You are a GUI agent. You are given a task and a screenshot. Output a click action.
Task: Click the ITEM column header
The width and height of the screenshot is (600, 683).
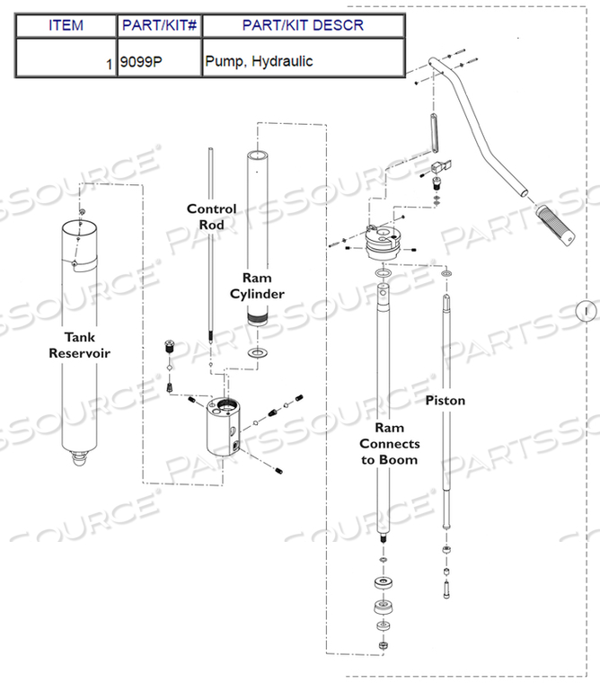[66, 25]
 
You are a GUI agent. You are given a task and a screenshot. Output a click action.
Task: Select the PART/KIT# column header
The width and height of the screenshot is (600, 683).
[159, 25]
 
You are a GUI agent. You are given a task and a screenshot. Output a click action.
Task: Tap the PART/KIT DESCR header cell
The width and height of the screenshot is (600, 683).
[303, 25]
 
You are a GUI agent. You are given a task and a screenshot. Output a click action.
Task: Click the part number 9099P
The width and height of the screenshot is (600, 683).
[141, 61]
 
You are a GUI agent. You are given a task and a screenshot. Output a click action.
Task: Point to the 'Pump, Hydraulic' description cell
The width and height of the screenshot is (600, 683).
[259, 61]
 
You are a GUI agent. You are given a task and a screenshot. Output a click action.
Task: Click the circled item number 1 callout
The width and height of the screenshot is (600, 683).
[586, 311]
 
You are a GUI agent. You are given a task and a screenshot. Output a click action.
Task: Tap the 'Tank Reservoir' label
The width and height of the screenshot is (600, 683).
[79, 345]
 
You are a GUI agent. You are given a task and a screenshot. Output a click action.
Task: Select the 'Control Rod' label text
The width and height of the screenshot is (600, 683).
[212, 217]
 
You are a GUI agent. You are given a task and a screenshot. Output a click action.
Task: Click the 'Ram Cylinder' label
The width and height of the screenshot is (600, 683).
[257, 286]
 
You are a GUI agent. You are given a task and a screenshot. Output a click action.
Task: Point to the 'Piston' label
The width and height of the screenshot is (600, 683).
[445, 400]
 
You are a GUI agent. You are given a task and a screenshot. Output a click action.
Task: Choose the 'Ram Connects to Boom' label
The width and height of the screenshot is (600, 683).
[390, 443]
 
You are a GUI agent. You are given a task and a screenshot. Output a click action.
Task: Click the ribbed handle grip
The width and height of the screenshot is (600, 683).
[556, 225]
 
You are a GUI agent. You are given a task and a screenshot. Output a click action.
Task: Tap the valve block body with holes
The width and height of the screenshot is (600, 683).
[224, 427]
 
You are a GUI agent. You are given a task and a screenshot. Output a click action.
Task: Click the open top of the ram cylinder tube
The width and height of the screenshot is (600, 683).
[257, 155]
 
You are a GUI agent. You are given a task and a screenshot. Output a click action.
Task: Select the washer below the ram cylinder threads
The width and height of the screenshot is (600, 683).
[257, 352]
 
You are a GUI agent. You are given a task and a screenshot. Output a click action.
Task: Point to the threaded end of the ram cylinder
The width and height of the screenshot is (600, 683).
[257, 317]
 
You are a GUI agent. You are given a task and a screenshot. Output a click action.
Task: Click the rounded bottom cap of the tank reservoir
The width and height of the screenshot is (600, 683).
[79, 458]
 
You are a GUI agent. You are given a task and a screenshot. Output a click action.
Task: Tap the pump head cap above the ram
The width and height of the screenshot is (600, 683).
[382, 243]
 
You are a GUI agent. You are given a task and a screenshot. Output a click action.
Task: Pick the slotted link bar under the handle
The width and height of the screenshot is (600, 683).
[434, 133]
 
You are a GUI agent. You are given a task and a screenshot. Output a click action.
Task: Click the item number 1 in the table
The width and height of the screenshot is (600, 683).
[109, 65]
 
